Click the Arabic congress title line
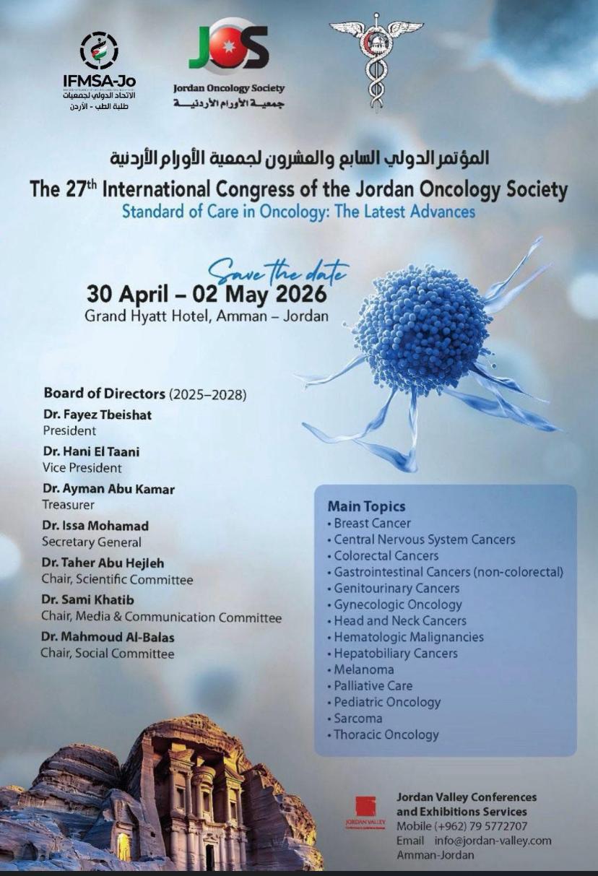pyautogui.click(x=299, y=157)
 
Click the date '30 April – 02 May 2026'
pyautogui.click(x=207, y=295)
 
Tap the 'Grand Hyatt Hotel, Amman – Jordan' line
pyautogui.click(x=207, y=316)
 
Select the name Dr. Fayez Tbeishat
pyautogui.click(x=97, y=415)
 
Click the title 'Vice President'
pyautogui.click(x=82, y=467)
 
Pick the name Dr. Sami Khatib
pyautogui.click(x=87, y=600)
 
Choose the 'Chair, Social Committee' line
pyautogui.click(x=108, y=654)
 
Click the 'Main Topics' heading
pyautogui.click(x=366, y=506)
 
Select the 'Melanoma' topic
pyautogui.click(x=363, y=669)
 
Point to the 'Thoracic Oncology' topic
pyautogui.click(x=386, y=734)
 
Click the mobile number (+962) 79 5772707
pyautogui.click(x=461, y=826)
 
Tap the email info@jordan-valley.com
pyautogui.click(x=493, y=841)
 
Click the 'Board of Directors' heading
pyautogui.click(x=105, y=394)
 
